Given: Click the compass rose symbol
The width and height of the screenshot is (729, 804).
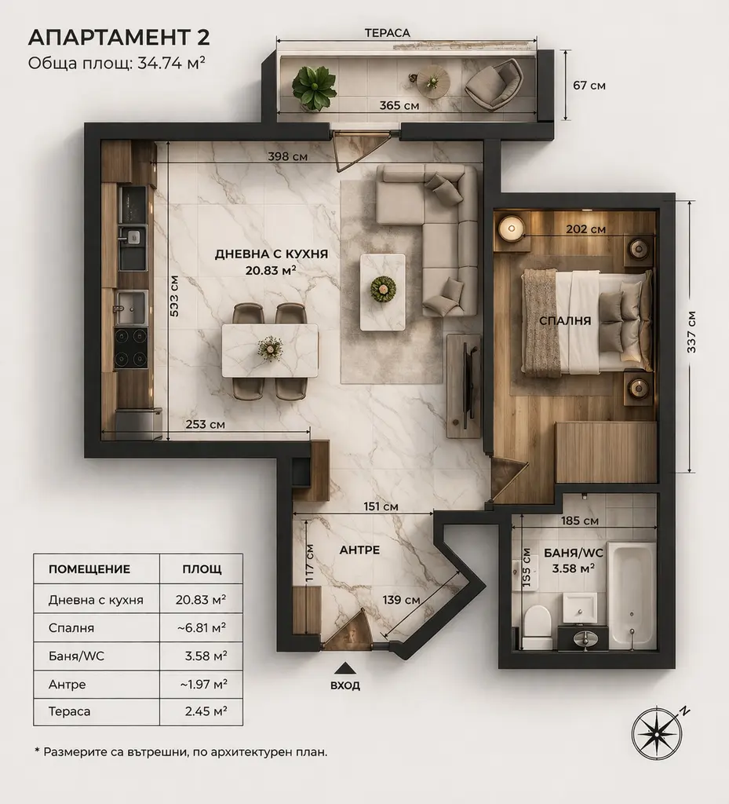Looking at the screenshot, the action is [x=658, y=733].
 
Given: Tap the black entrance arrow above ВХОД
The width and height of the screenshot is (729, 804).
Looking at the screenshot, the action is [x=345, y=668].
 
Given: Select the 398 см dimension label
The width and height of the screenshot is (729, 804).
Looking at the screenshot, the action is [x=288, y=156].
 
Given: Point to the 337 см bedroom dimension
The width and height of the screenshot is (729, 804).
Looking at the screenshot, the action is [x=691, y=331].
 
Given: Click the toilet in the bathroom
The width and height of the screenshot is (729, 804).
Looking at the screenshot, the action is [x=537, y=627].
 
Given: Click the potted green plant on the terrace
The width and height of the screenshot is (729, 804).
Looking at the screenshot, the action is [x=314, y=85].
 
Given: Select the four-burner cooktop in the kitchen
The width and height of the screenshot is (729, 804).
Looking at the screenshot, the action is [x=130, y=347].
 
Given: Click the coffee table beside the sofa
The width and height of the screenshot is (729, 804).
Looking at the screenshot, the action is [x=383, y=292].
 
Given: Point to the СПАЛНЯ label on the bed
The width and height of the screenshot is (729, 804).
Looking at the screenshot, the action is [x=565, y=321].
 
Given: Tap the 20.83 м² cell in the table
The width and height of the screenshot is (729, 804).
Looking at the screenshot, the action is [x=201, y=600].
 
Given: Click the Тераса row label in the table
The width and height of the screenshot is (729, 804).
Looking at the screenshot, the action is [x=70, y=711].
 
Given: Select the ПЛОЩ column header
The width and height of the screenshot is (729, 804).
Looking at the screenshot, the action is [x=202, y=569].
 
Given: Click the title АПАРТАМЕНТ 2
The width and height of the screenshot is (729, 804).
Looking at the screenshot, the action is [x=118, y=38].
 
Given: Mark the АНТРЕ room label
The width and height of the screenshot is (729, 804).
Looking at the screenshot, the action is [x=359, y=550].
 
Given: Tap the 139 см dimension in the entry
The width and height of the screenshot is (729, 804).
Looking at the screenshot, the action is [x=401, y=599].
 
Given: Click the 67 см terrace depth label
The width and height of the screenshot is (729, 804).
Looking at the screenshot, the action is [x=589, y=85].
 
